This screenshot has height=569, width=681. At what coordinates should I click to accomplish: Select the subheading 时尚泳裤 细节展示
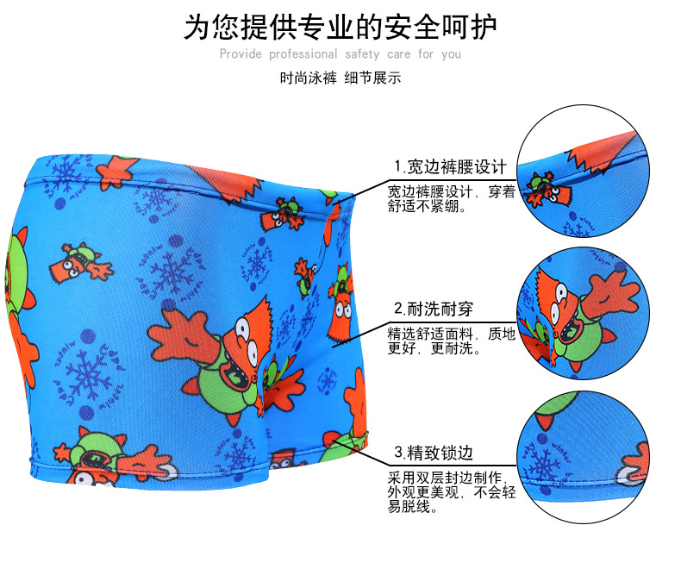(x=340, y=78)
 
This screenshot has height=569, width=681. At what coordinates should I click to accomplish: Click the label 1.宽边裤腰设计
(x=450, y=166)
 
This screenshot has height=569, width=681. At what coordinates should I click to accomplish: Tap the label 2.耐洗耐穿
(x=433, y=309)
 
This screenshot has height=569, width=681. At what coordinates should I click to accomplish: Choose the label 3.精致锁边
(x=433, y=452)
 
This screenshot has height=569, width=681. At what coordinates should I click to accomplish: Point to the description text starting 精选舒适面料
(x=451, y=341)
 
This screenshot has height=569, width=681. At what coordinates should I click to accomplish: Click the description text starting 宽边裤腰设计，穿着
(x=451, y=199)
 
